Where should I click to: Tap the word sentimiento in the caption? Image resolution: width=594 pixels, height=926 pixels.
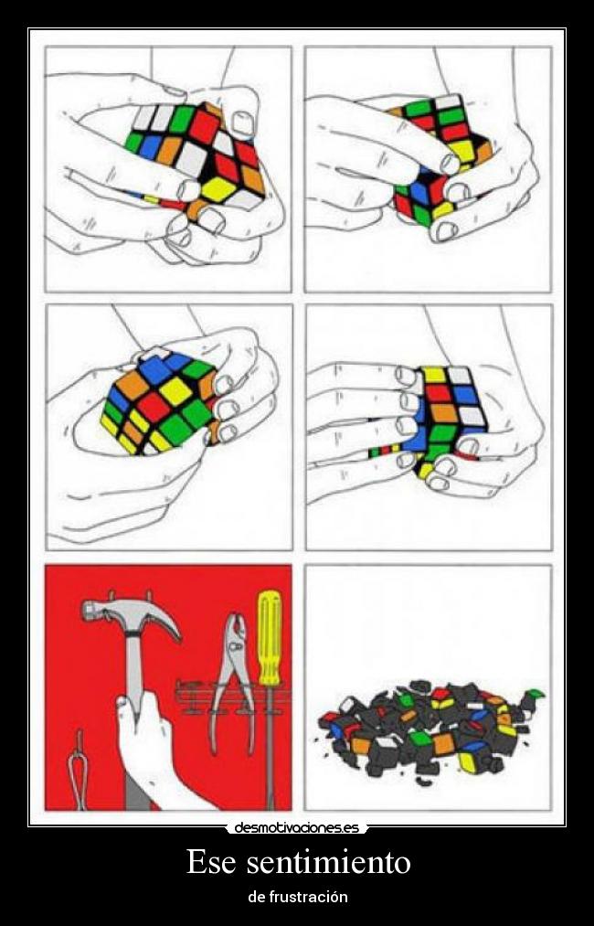coord(328,862)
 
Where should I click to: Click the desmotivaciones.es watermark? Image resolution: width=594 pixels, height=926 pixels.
coord(297,828)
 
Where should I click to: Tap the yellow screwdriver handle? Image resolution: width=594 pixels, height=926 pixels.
coord(270,637)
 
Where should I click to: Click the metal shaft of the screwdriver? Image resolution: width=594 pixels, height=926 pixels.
coord(271,747)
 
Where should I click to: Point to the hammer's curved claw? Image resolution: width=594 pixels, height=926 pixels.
coord(158,617)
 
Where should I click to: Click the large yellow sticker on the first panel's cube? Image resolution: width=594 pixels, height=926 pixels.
coord(218,189)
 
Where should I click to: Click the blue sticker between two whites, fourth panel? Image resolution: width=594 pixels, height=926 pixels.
coord(466,394)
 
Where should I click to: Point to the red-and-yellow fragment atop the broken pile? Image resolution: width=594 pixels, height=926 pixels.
coord(441,698)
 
